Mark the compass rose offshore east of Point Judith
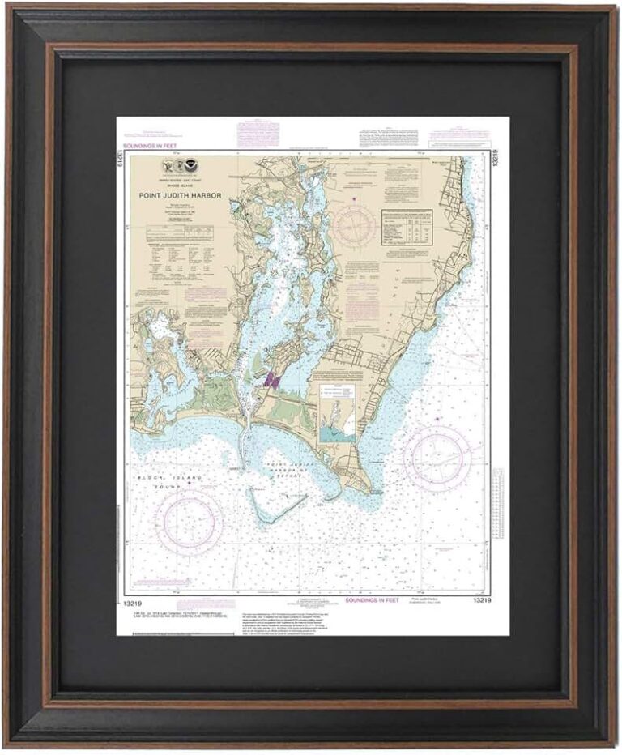(x=437, y=459)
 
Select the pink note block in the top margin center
(x=258, y=132)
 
